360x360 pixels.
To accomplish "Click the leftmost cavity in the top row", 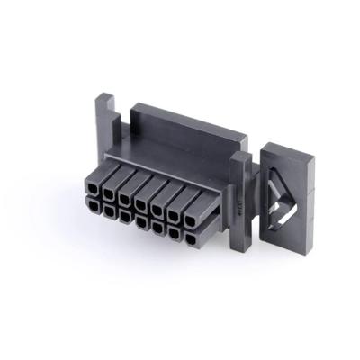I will click(93, 188).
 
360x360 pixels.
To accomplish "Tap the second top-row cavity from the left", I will click(110, 192).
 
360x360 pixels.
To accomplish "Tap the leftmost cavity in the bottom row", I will click(93, 206).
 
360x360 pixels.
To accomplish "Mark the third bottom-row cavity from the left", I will click(125, 216).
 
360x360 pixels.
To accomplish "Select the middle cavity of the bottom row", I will click(141, 221).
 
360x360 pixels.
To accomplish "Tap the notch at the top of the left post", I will click(105, 96).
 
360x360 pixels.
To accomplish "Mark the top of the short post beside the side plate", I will click(240, 158).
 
